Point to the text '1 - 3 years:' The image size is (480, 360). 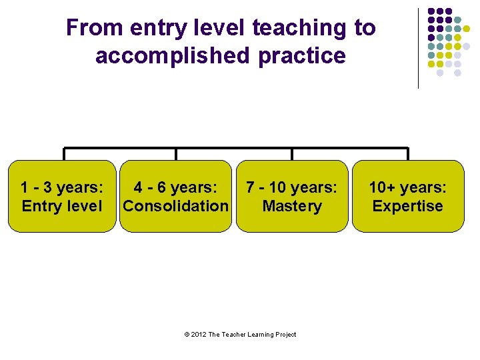62,188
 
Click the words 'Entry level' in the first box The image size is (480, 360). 62,206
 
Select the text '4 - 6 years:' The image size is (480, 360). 176,188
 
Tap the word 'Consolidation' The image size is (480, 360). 176,206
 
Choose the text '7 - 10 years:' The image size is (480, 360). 292,188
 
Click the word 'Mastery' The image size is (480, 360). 292,206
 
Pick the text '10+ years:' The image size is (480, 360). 408,188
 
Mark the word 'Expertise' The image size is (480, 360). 408,206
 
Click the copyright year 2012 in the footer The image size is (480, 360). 197,335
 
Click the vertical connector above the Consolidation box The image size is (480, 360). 176,154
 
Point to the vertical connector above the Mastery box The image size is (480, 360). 292,154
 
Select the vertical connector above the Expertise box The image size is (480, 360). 407,154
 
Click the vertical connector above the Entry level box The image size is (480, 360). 64,154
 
